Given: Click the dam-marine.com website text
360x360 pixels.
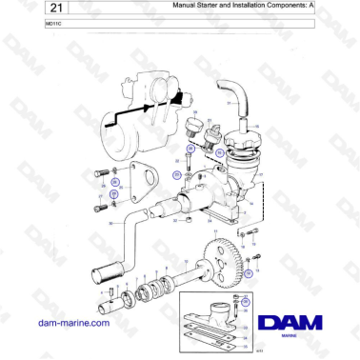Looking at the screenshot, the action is pos(72,323).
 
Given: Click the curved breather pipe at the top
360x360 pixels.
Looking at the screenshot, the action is pos(231,99).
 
